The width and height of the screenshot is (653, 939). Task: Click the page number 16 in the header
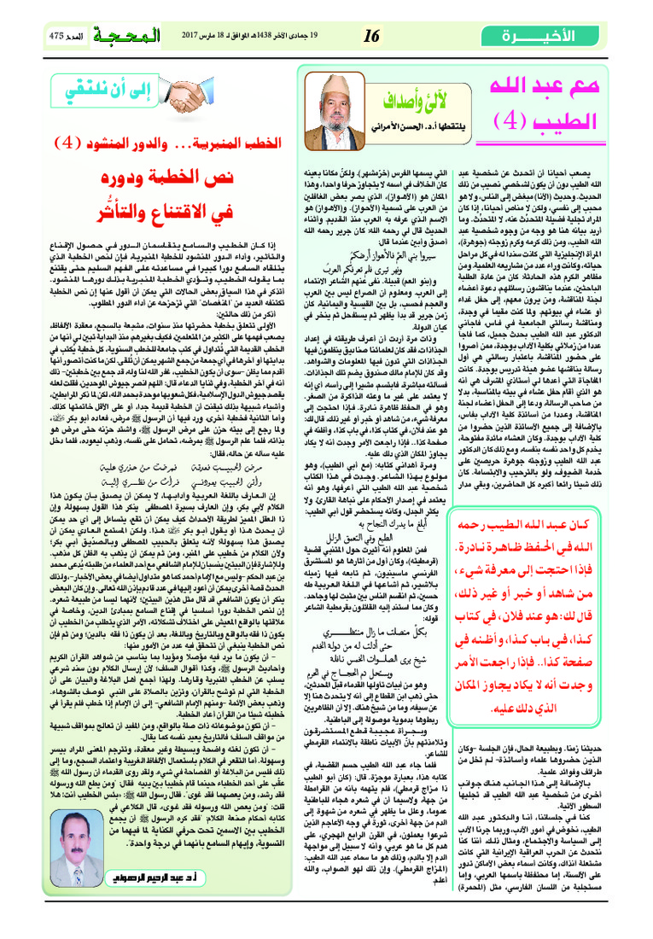point(371,37)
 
